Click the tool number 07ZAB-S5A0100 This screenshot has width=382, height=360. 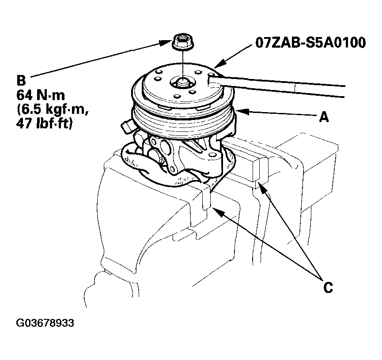tap(310, 42)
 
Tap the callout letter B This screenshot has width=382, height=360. tap(21, 80)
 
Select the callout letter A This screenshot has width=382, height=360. tap(324, 117)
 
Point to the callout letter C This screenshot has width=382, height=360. tap(328, 287)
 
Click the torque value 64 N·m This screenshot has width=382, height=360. tap(41, 95)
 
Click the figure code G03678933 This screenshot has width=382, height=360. tap(45, 323)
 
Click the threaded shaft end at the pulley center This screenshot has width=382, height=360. tap(181, 82)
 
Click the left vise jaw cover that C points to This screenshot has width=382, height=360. tap(206, 197)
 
